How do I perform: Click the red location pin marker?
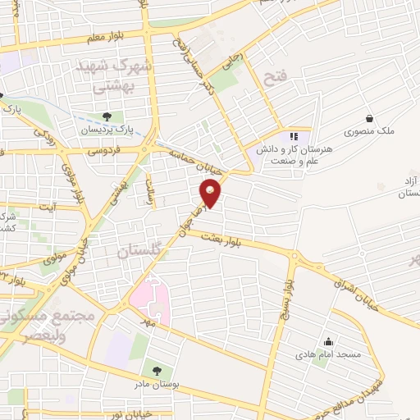click(x=212, y=194)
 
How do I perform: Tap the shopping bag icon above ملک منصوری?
click(x=369, y=118)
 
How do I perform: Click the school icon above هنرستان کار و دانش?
click(x=294, y=136)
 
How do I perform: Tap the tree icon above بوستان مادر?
click(x=156, y=371)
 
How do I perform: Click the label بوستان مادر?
click(x=156, y=384)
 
